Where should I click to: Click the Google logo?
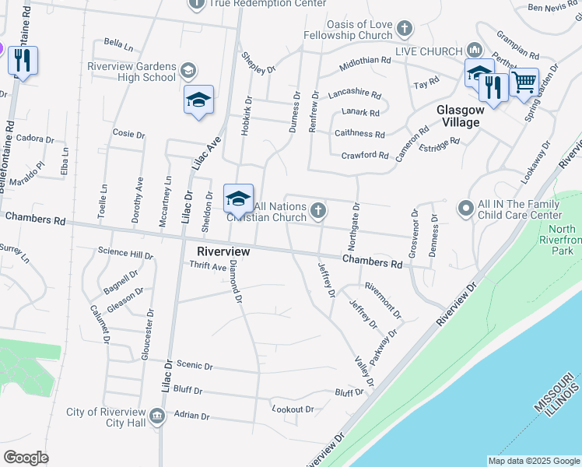pyautogui.click(x=26, y=457)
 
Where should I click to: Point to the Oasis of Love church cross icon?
pyautogui.click(x=404, y=30)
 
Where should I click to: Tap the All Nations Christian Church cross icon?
pyautogui.click(x=318, y=210)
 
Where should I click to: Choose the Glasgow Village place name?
pyautogui.click(x=460, y=115)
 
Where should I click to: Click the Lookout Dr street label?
pyautogui.click(x=293, y=409)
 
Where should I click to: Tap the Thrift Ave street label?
pyautogui.click(x=207, y=265)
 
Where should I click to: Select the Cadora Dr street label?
pyautogui.click(x=35, y=139)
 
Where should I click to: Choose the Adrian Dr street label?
pyautogui.click(x=192, y=416)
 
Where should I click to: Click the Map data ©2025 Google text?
pyautogui.click(x=533, y=460)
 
